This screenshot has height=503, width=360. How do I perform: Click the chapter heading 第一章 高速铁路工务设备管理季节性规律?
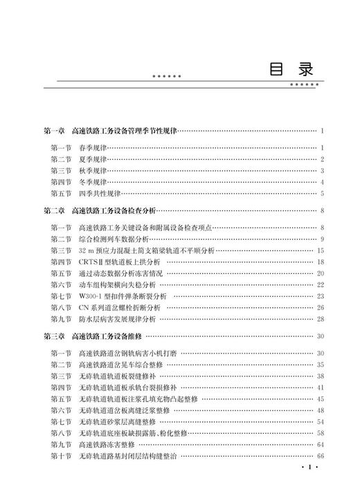pyautogui.click(x=110, y=131)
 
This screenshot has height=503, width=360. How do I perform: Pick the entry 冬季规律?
pyautogui.click(x=93, y=182)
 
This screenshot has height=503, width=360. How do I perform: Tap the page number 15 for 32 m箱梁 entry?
pyautogui.click(x=321, y=250)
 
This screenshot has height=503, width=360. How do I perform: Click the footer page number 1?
pyautogui.click(x=309, y=488)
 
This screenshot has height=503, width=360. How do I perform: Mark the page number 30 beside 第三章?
pyautogui.click(x=321, y=336)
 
